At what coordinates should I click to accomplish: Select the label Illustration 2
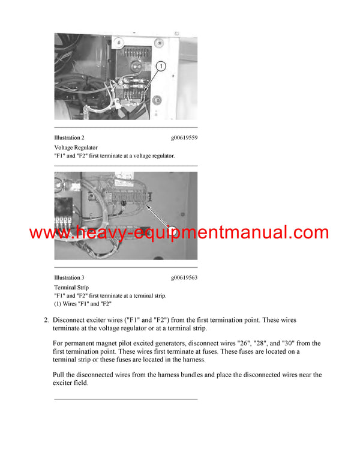point(69,138)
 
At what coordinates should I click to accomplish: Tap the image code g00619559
point(184,138)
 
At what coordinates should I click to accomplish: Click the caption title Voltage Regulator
point(76,147)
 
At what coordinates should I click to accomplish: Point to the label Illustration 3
point(69,278)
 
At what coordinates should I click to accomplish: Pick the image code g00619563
point(184,278)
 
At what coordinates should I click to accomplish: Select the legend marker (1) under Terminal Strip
point(58,304)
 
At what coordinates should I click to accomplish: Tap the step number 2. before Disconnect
point(46,320)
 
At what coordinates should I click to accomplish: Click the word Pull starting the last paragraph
point(60,375)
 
